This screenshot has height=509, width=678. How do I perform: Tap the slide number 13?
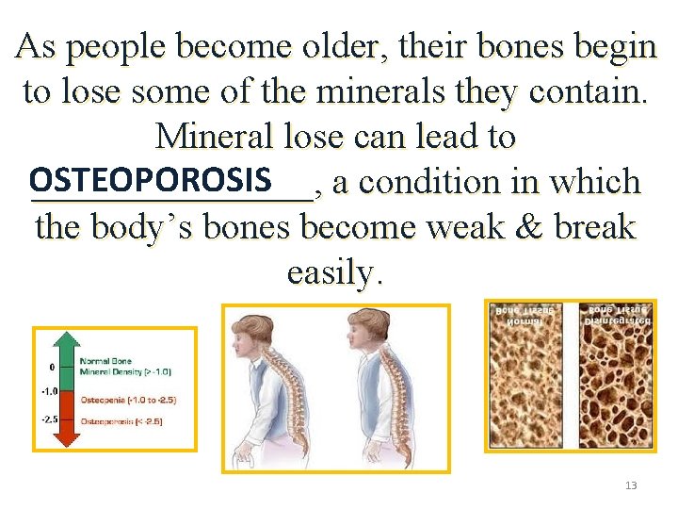pos(631,485)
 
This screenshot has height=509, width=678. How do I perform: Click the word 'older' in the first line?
pos(348,46)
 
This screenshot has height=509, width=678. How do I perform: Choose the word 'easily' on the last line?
pos(331,272)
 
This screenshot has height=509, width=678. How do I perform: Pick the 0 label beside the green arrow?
pos(53,367)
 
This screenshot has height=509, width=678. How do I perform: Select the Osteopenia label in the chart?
pos(127,400)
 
